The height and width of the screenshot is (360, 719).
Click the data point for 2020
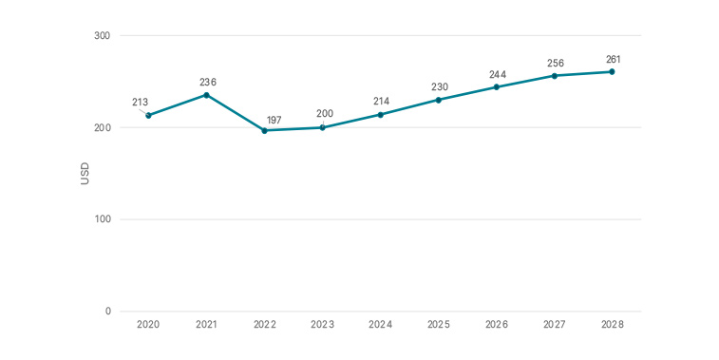[x=148, y=115]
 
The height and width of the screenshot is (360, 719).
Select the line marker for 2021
[x=206, y=95]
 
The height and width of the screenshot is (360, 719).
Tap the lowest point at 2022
[x=264, y=130]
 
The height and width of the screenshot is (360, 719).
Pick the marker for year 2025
[x=438, y=100]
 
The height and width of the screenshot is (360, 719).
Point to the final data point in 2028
[x=612, y=71]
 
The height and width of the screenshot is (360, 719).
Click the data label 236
[x=207, y=82]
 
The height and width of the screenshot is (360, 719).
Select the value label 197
[x=274, y=120]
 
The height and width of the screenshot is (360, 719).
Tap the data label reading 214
[x=381, y=101]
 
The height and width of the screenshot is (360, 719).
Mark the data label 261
[x=614, y=59]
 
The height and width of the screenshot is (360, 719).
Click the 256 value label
[x=556, y=64]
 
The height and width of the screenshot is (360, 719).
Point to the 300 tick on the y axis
[x=102, y=36]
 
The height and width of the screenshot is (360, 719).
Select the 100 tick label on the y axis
[x=102, y=219]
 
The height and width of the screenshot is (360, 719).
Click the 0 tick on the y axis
[x=107, y=312]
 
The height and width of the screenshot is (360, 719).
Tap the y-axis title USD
[x=85, y=174]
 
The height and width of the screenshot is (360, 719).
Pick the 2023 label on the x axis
[x=322, y=325]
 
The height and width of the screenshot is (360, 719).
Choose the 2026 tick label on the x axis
[x=496, y=325]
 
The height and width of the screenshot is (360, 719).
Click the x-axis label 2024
[x=380, y=325]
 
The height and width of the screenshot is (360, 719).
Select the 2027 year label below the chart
[x=554, y=325]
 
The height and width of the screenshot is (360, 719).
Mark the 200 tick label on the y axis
[x=102, y=127]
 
